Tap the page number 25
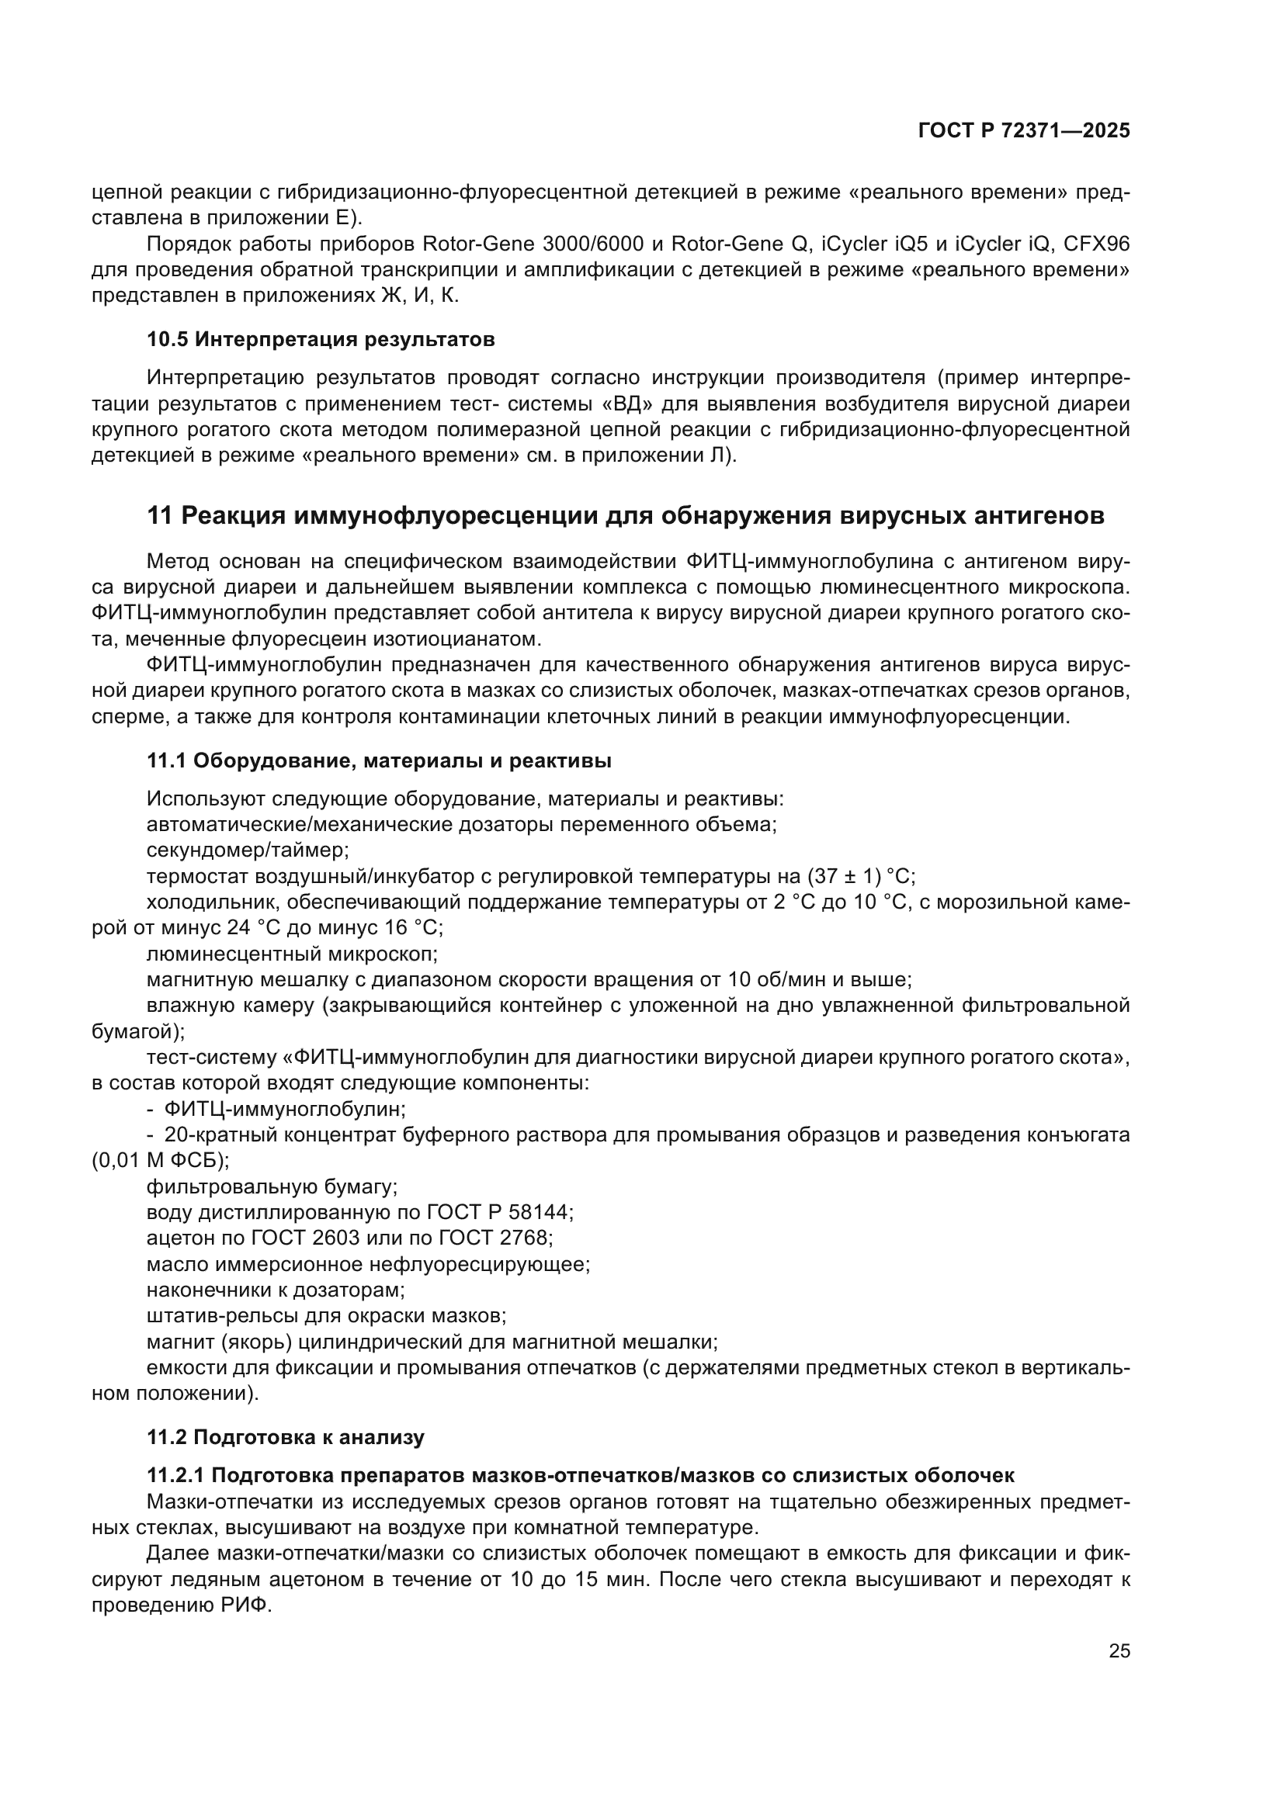[x=1119, y=1650]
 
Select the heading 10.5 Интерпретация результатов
[x=321, y=339]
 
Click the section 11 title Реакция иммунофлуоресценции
[x=626, y=515]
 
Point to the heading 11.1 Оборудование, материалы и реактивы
[x=379, y=760]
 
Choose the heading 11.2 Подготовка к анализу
[x=286, y=1437]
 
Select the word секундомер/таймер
[x=248, y=850]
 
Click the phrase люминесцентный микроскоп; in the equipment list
[x=292, y=954]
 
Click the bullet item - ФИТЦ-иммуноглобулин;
[x=276, y=1109]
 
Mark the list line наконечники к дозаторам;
[x=276, y=1290]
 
